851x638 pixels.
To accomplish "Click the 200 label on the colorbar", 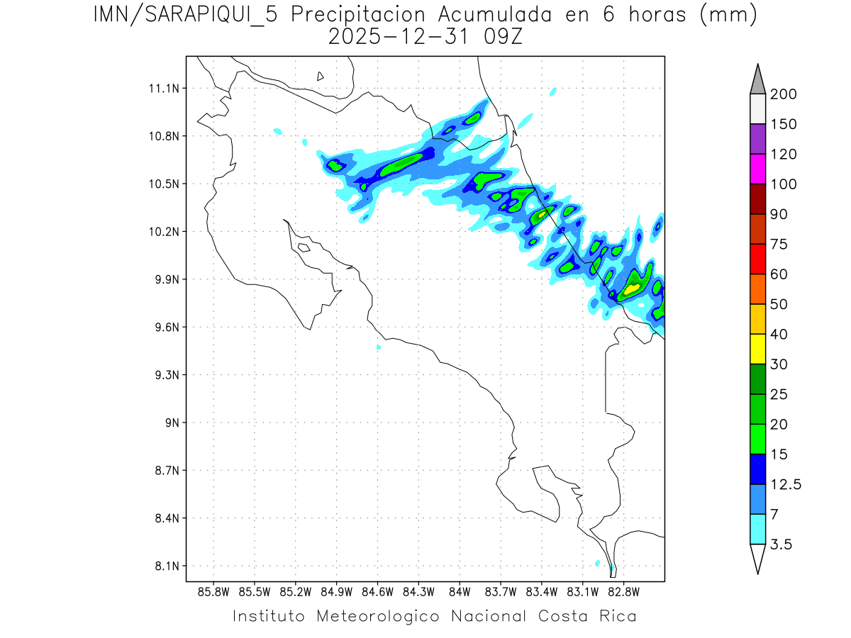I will coord(783,94).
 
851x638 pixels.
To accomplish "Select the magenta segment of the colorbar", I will coord(757,169).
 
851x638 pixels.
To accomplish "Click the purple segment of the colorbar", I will coord(757,139).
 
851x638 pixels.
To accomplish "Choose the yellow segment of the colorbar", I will coord(757,349).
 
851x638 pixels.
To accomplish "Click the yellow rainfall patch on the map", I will coord(630,289).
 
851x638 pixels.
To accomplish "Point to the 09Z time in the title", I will coord(501,36).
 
